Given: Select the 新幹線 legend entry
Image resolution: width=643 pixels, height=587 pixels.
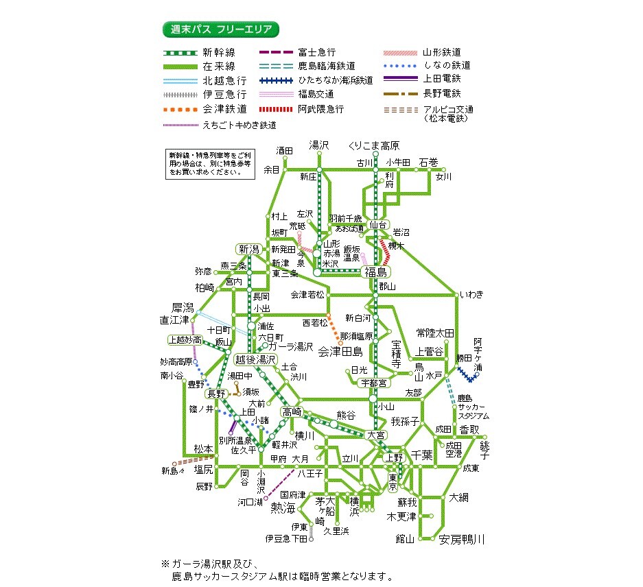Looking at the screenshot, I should pos(219,53).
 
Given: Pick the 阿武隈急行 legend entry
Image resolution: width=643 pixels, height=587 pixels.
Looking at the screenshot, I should pos(321,109).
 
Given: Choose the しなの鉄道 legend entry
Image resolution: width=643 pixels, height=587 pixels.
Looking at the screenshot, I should pos(447,65).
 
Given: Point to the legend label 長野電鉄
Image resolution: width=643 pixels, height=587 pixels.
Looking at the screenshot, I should pos(442,93).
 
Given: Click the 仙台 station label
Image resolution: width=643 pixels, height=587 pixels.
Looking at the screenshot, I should pos(378,224).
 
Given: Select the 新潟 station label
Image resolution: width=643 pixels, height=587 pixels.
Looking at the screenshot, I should pos(248,248).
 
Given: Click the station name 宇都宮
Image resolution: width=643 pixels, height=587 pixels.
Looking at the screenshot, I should pos(373,383).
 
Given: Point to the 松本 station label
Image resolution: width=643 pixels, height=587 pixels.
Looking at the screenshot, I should pos(203,448).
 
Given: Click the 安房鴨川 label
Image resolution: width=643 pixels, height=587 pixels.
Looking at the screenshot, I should pos(461,540).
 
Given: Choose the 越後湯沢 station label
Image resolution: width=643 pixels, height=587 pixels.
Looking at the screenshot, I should pos(255,359).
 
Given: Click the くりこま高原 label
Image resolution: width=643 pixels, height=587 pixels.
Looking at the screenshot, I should pos(374,145).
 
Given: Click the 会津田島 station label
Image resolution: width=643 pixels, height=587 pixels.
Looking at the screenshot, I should pos(344,352).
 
